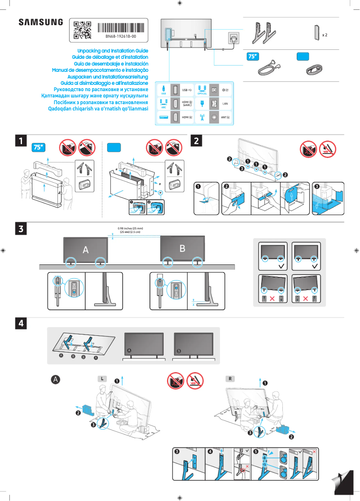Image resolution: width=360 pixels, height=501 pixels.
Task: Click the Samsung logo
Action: click(x=41, y=22)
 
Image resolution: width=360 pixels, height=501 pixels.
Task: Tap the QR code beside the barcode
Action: click(x=82, y=30)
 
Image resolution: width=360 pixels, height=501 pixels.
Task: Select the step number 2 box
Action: click(x=197, y=141)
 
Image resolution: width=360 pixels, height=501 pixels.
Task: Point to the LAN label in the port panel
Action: click(x=225, y=104)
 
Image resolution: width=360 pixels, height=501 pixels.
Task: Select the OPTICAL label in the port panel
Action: click(x=202, y=94)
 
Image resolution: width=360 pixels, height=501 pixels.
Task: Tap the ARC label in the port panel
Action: click(x=163, y=108)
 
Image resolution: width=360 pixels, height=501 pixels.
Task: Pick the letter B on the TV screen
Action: click(x=182, y=248)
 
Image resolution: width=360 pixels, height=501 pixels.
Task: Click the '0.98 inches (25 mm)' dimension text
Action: click(x=130, y=229)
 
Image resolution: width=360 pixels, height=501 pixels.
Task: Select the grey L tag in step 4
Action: click(x=102, y=378)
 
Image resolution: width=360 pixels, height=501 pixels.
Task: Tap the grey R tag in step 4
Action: click(x=230, y=378)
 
